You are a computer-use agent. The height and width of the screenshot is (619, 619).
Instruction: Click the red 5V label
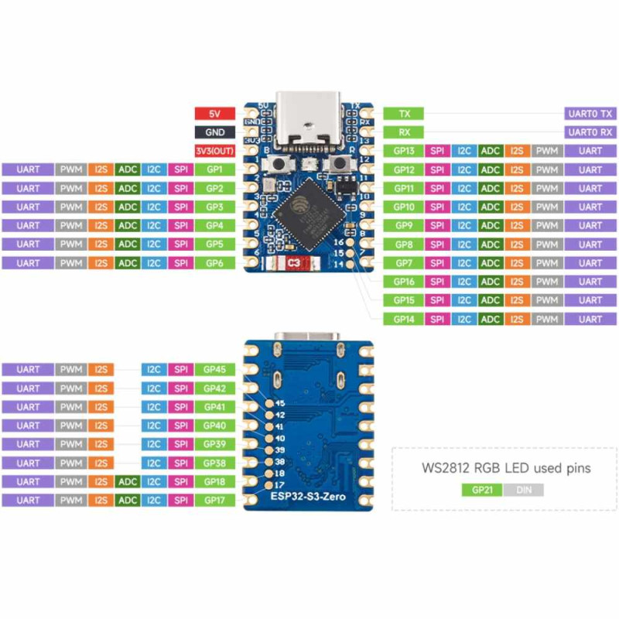214,113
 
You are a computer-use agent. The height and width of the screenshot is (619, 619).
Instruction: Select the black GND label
214,132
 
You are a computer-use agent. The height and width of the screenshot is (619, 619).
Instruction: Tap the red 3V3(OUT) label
214,151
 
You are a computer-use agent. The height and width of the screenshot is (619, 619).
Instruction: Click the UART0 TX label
590,113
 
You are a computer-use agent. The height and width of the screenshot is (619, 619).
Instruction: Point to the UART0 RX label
590,132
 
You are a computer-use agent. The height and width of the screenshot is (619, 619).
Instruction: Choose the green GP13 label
404,151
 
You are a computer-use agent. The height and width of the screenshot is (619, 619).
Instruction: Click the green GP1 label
214,169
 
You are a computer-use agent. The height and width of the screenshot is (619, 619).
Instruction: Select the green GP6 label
214,263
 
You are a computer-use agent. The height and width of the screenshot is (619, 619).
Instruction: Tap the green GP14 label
404,319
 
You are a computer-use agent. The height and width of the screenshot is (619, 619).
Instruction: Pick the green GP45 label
214,369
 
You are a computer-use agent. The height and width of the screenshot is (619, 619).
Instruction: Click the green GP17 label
214,501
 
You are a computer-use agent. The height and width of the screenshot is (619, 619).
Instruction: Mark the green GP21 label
481,490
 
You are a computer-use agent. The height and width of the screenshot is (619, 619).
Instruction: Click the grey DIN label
523,490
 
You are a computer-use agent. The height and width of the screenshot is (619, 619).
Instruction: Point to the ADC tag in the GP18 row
128,482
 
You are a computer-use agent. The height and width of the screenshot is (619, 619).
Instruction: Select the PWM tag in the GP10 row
547,207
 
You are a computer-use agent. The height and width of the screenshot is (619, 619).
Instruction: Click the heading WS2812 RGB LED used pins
505,468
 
